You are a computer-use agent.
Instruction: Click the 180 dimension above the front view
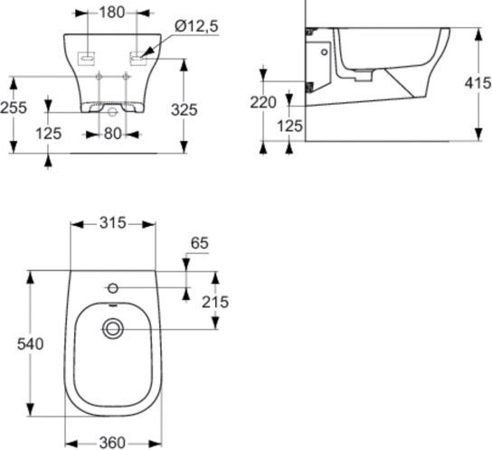(112, 14)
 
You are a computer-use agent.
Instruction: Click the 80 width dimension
(112, 134)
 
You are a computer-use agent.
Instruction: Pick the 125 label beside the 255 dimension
(50, 133)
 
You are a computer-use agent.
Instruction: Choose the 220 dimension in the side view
(263, 102)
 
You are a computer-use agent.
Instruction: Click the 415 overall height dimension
(477, 83)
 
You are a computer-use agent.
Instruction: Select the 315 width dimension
(113, 223)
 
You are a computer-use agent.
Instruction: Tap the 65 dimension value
(201, 244)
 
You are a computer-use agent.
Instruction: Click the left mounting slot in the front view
(86, 58)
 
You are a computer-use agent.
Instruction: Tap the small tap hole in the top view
(113, 288)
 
